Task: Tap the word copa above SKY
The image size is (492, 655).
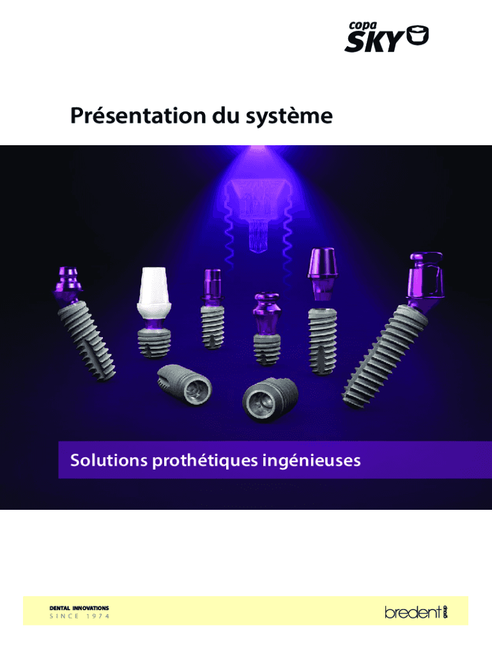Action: [x=363, y=26]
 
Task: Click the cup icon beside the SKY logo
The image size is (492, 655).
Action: [x=417, y=35]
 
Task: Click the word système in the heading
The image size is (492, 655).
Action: [x=289, y=116]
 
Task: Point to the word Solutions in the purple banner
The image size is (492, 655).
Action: [x=109, y=460]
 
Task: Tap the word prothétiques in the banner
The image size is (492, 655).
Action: [x=205, y=461]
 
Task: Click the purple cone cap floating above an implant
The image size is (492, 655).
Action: [x=322, y=264]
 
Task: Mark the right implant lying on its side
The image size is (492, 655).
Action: [x=270, y=399]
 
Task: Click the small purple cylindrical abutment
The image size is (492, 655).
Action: [x=212, y=286]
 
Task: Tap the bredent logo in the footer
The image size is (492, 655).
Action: [x=416, y=612]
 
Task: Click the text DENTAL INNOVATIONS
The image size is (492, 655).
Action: [x=79, y=608]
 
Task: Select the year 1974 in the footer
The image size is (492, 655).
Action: [x=98, y=616]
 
